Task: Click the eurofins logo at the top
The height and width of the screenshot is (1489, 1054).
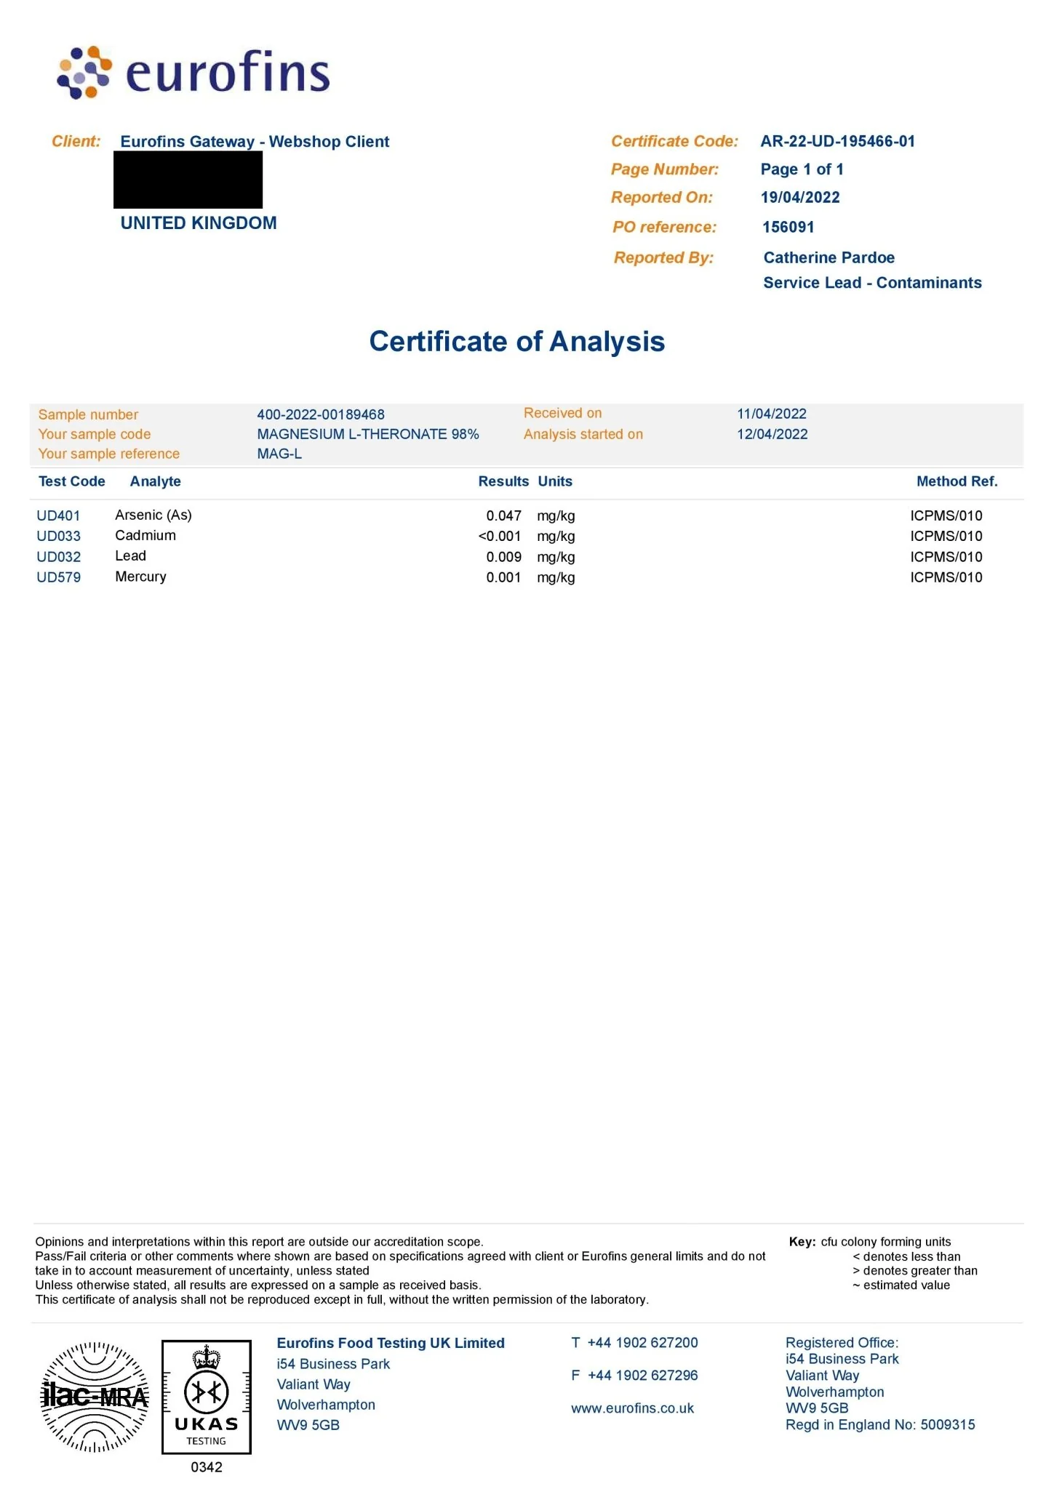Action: click(193, 73)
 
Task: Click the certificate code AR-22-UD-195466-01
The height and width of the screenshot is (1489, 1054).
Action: click(837, 141)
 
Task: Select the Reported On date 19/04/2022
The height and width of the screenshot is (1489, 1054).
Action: click(800, 197)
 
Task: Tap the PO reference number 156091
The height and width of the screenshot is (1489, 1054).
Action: click(788, 227)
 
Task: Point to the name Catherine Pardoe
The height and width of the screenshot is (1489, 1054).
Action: click(829, 257)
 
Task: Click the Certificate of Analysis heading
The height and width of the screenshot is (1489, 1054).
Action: click(516, 341)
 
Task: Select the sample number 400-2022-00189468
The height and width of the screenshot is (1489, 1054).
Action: click(321, 414)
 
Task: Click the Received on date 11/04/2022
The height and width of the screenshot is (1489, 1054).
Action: click(771, 414)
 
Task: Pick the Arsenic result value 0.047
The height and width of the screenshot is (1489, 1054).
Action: click(503, 515)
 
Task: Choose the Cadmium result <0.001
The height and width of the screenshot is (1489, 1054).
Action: click(500, 536)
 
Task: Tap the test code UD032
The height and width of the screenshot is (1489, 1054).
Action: click(58, 557)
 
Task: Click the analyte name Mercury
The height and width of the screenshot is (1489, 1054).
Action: click(140, 577)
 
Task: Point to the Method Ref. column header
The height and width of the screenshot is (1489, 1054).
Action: click(957, 481)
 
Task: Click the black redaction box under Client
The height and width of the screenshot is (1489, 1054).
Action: click(188, 180)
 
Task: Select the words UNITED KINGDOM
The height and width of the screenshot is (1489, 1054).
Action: click(199, 223)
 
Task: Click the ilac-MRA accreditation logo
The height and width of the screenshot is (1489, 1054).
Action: click(95, 1397)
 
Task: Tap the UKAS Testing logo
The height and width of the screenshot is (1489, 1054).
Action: click(207, 1397)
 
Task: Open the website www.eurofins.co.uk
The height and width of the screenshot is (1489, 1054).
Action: click(632, 1408)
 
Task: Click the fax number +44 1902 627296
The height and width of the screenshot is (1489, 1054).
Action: click(642, 1375)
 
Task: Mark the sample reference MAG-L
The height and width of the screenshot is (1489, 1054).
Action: click(279, 454)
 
